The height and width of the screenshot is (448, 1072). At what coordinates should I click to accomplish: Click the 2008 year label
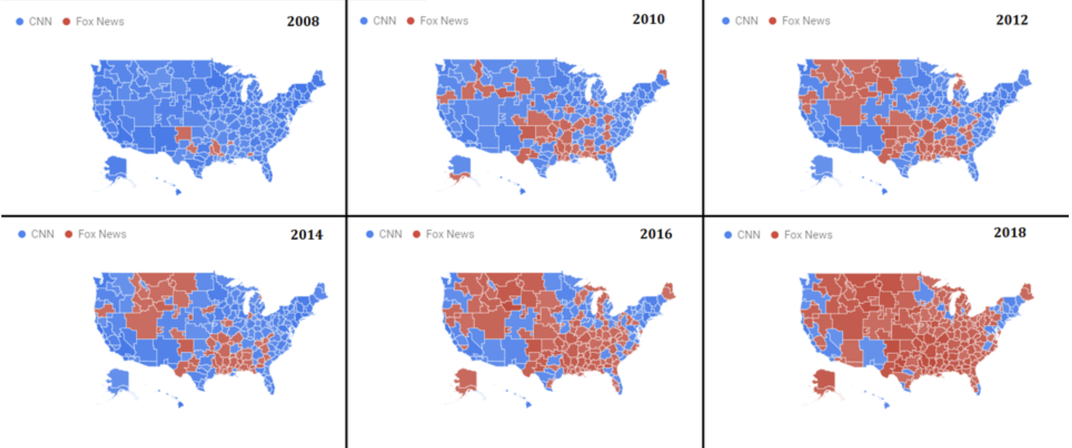click(x=303, y=21)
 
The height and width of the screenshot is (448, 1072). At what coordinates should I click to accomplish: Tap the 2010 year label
click(x=648, y=19)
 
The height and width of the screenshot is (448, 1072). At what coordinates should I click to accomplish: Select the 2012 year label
click(x=1012, y=20)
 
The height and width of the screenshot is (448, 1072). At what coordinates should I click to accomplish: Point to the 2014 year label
click(x=306, y=235)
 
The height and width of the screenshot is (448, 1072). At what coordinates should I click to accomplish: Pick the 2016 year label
click(x=655, y=234)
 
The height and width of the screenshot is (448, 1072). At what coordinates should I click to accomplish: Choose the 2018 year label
click(x=1010, y=232)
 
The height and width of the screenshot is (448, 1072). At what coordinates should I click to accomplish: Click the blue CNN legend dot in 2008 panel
click(x=20, y=22)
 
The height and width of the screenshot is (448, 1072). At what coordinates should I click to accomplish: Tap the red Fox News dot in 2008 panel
click(x=66, y=22)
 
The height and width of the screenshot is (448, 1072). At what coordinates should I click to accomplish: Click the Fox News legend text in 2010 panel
click(x=444, y=21)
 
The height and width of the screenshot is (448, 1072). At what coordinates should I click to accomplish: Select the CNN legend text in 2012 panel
click(x=746, y=21)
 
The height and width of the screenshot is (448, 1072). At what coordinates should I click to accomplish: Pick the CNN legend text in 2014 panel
click(x=42, y=234)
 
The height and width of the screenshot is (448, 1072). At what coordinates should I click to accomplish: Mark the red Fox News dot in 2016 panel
click(x=417, y=234)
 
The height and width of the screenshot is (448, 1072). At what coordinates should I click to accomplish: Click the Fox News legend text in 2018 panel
click(x=808, y=235)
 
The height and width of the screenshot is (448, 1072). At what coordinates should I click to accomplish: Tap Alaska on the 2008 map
click(x=116, y=167)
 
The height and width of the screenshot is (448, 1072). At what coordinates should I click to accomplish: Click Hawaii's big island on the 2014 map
click(x=180, y=405)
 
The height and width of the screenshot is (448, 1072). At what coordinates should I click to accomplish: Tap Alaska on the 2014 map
click(x=118, y=380)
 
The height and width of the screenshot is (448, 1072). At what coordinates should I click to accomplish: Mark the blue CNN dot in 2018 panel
click(x=728, y=235)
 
